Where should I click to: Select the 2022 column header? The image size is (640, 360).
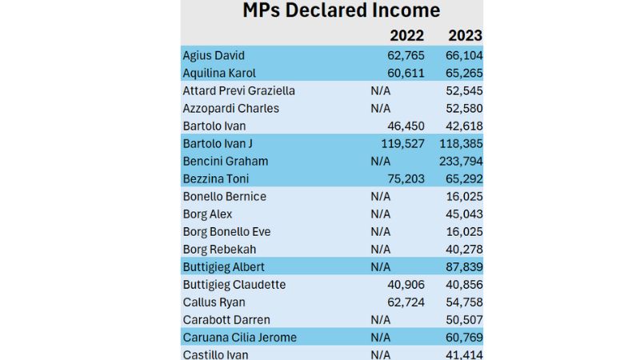tap(406, 36)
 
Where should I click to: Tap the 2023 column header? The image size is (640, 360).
tap(465, 36)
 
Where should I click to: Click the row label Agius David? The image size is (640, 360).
tap(214, 55)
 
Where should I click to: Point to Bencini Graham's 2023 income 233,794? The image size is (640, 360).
tap(461, 161)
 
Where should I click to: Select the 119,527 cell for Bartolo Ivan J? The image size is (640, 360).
tap(403, 143)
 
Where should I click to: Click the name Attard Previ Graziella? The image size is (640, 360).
tap(238, 90)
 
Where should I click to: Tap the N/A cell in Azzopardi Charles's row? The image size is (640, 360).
tap(381, 108)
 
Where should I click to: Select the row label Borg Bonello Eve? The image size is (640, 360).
tap(226, 231)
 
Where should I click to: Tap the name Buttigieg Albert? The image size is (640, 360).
tap(223, 266)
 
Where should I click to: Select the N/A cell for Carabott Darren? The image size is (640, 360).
tap(381, 319)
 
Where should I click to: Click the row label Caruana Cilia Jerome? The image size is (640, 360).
tap(239, 337)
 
